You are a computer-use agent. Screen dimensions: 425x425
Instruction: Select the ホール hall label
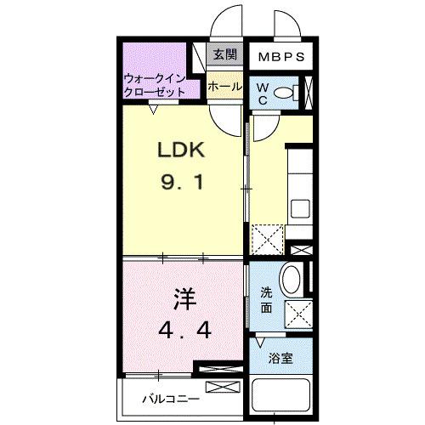click(x=224, y=86)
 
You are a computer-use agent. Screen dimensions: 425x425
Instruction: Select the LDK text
click(x=180, y=151)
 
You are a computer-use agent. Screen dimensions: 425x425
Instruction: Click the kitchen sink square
click(x=302, y=207)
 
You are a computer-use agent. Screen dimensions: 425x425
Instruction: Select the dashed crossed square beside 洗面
click(x=297, y=314)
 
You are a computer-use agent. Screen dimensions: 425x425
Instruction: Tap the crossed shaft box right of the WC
click(x=310, y=91)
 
